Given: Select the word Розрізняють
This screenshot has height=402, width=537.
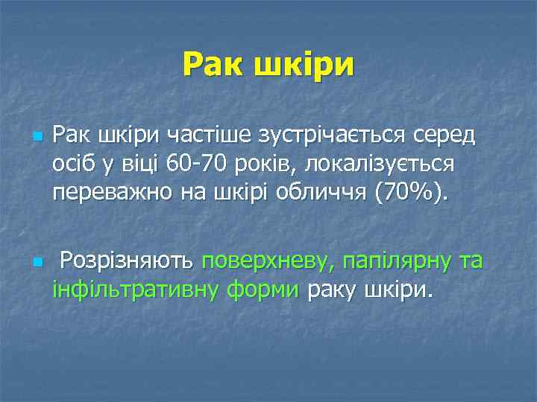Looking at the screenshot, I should point(127,261).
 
